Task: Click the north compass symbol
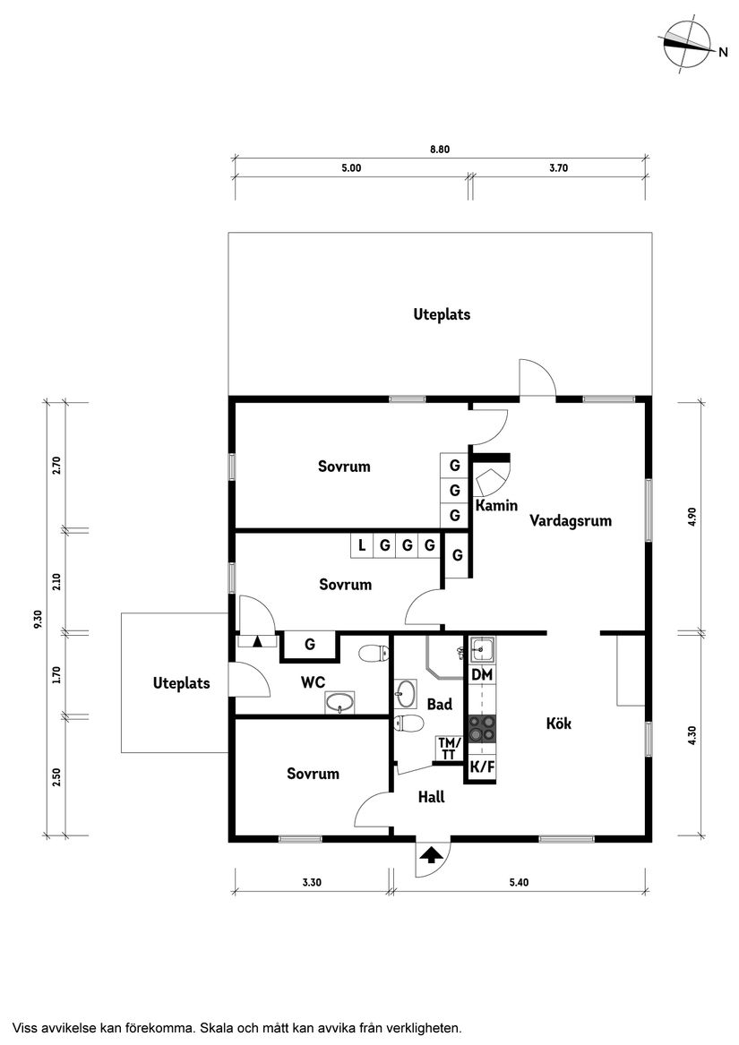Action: (x=686, y=43)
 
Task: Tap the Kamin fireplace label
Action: (x=496, y=506)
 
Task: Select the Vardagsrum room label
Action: (x=571, y=520)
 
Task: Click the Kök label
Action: (x=559, y=724)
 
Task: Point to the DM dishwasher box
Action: (x=482, y=674)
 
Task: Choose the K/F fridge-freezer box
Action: (x=482, y=767)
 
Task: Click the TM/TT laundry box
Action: (x=449, y=749)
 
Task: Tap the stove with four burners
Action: (x=482, y=728)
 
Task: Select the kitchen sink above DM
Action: (x=482, y=647)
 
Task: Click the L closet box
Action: (x=361, y=544)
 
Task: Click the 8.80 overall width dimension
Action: (x=439, y=150)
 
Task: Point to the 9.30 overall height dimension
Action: (x=38, y=619)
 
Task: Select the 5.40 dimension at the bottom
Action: (x=519, y=883)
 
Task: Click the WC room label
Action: (x=313, y=682)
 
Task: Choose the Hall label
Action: (x=432, y=796)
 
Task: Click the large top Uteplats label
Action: (x=442, y=314)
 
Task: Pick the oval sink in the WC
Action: (x=339, y=704)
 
